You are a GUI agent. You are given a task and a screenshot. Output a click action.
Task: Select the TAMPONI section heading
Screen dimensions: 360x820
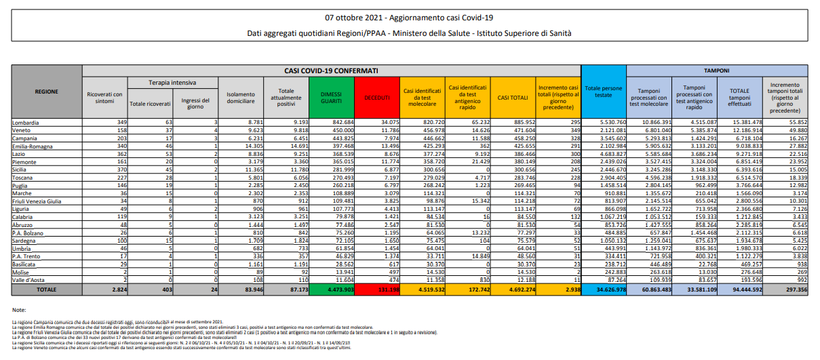pyautogui.click(x=716, y=71)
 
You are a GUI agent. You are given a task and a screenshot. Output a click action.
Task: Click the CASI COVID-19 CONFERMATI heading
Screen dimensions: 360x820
pyautogui.click(x=331, y=71)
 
